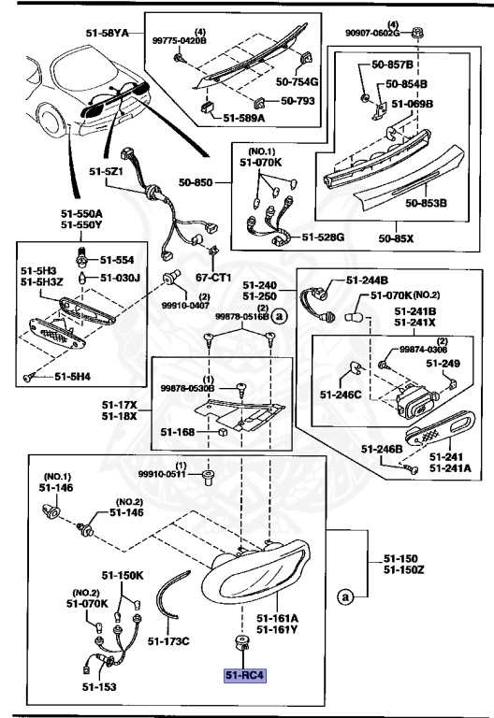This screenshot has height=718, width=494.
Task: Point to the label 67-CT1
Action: (213, 278)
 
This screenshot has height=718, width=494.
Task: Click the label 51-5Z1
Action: (107, 171)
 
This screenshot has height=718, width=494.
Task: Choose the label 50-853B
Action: (426, 202)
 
